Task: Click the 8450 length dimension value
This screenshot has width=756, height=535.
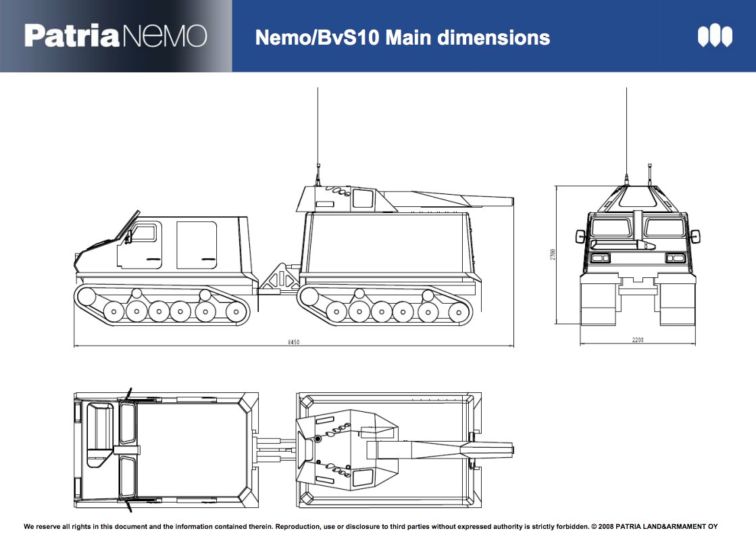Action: pyautogui.click(x=293, y=343)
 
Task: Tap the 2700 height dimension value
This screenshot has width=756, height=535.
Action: pyautogui.click(x=552, y=255)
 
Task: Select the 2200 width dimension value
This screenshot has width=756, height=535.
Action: pyautogui.click(x=636, y=340)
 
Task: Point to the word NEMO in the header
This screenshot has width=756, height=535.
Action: pyautogui.click(x=163, y=36)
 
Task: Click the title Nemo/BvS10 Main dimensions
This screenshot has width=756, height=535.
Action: pyautogui.click(x=402, y=37)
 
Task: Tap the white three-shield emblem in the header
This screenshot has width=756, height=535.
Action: pyautogui.click(x=715, y=36)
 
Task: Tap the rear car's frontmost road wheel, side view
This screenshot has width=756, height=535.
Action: pyautogui.click(x=336, y=312)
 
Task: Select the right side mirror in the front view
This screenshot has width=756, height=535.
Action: pyautogui.click(x=694, y=236)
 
